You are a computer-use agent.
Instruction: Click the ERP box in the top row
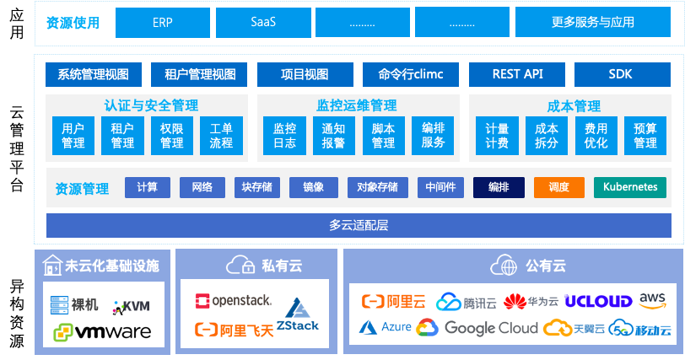[163, 23]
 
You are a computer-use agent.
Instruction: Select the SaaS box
[263, 23]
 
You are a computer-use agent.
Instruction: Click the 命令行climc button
[410, 74]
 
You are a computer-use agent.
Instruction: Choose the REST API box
[516, 74]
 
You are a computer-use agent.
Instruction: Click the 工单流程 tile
[221, 136]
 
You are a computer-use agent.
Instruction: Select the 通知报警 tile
[333, 136]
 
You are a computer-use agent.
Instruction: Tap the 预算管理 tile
[645, 136]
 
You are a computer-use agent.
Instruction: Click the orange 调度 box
[558, 187]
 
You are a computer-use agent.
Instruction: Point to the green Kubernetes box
[630, 187]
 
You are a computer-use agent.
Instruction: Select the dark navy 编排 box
[498, 187]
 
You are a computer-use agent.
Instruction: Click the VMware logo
[102, 332]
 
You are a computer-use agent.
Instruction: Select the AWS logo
[653, 300]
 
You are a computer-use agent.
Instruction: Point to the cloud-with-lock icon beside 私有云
[240, 266]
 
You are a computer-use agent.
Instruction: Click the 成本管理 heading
[573, 106]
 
